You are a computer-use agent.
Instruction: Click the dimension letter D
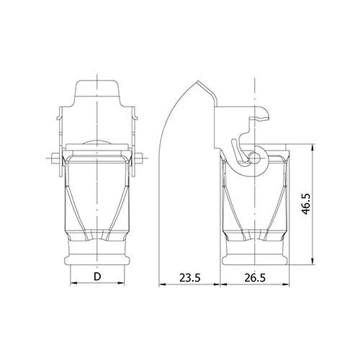(97, 276)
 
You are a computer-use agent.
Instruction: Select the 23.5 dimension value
(190, 278)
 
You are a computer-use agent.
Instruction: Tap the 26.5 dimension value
(255, 278)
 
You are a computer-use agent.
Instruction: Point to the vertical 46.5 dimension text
(306, 204)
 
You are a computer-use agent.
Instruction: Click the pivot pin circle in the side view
(254, 158)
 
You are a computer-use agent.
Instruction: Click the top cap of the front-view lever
(97, 89)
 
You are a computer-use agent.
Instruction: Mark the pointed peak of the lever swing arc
(197, 81)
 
